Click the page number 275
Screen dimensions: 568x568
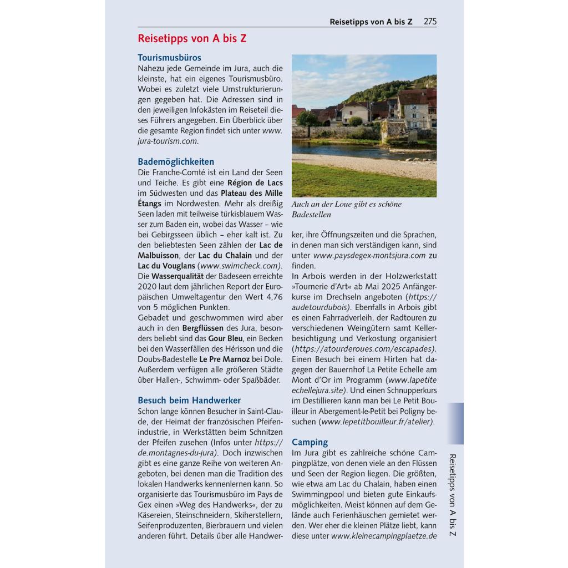point(430,22)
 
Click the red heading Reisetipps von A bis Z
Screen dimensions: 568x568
point(192,38)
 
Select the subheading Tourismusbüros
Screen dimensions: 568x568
point(169,57)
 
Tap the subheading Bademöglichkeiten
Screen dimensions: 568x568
point(176,161)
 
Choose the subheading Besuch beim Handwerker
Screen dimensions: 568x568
point(189,400)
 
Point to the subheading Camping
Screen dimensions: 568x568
point(310,442)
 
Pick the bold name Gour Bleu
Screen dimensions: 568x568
point(225,338)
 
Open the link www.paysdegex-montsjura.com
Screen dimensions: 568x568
point(369,255)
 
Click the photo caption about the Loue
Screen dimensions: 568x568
point(347,209)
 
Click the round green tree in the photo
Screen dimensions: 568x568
point(307,119)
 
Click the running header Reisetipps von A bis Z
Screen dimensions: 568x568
point(371,22)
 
